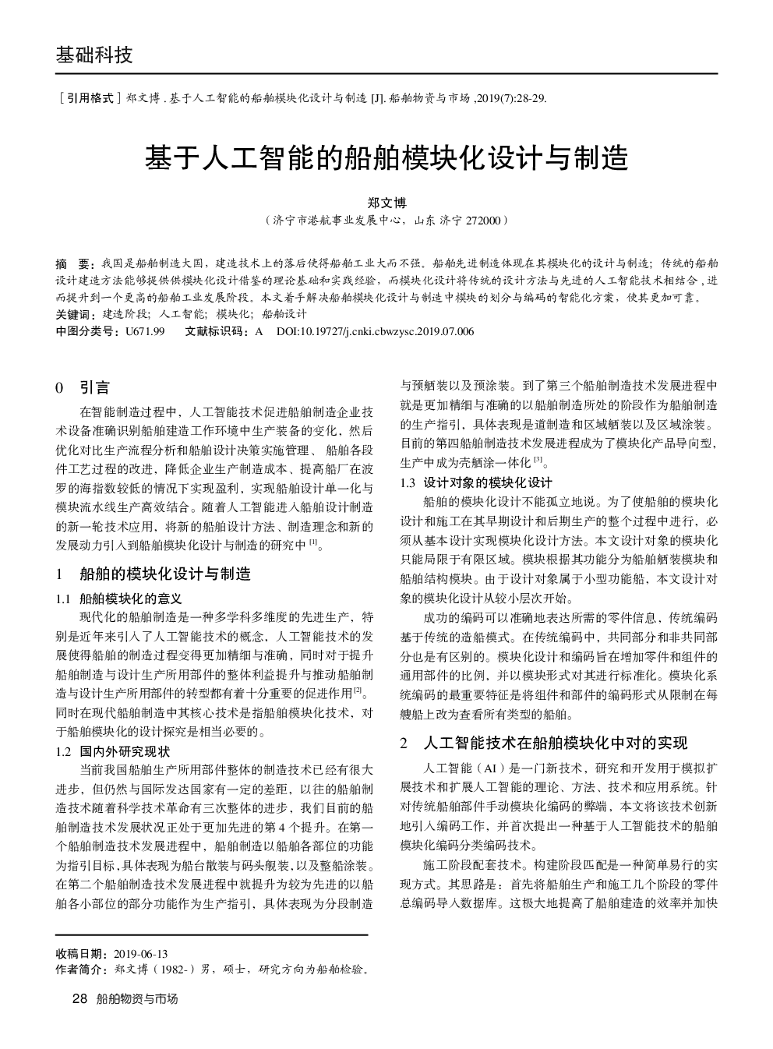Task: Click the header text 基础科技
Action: click(x=94, y=55)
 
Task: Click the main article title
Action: click(x=386, y=158)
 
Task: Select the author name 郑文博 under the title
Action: click(x=386, y=203)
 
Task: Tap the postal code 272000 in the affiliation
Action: click(x=483, y=221)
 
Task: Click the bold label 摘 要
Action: click(x=76, y=263)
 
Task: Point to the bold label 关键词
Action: click(x=73, y=314)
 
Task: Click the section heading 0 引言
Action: click(x=83, y=387)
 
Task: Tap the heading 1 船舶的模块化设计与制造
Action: click(x=154, y=575)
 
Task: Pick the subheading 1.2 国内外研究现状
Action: click(x=112, y=752)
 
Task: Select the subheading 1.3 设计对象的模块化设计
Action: click(x=476, y=482)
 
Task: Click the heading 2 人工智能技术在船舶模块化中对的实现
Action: click(x=544, y=743)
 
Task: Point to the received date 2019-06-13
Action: click(x=141, y=954)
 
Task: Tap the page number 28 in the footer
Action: click(x=78, y=998)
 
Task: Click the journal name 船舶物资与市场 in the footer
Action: click(x=136, y=998)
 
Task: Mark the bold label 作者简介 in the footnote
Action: click(x=81, y=970)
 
